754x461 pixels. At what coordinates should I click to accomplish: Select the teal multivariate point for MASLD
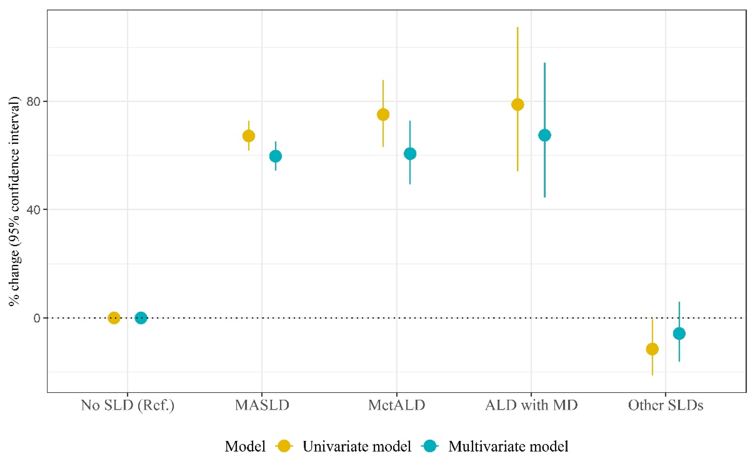[275, 156]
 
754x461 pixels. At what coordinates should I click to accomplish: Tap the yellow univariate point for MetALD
[383, 115]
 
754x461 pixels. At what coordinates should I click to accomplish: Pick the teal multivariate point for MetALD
[410, 154]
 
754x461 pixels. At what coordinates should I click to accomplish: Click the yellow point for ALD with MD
[518, 105]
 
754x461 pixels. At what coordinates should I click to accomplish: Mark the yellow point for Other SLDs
[652, 349]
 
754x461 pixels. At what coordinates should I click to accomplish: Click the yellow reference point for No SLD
[114, 318]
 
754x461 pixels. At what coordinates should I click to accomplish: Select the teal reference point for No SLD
[141, 318]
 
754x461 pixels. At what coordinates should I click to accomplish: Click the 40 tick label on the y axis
[34, 210]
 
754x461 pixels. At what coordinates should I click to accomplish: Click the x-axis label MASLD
[262, 405]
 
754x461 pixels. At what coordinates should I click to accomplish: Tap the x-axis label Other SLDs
[666, 405]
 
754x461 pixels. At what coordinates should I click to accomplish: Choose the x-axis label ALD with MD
[531, 405]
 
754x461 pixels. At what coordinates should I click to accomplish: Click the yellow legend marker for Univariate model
[284, 446]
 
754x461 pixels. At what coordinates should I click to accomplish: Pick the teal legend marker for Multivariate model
[430, 446]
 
